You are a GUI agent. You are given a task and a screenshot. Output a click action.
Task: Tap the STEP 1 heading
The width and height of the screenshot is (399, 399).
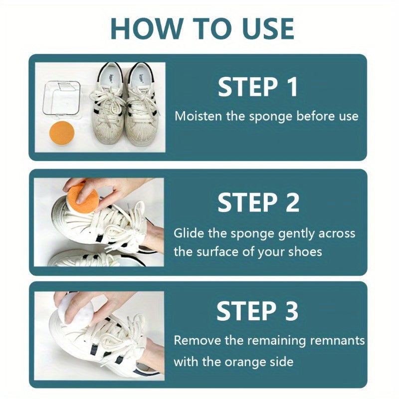tap(258, 87)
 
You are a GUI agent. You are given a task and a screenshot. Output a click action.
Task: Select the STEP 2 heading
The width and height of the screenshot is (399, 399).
tap(258, 202)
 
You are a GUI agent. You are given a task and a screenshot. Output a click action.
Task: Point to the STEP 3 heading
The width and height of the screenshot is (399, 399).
tap(257, 312)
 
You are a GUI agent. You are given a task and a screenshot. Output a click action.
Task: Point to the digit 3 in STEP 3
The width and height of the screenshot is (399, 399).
tap(290, 312)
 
